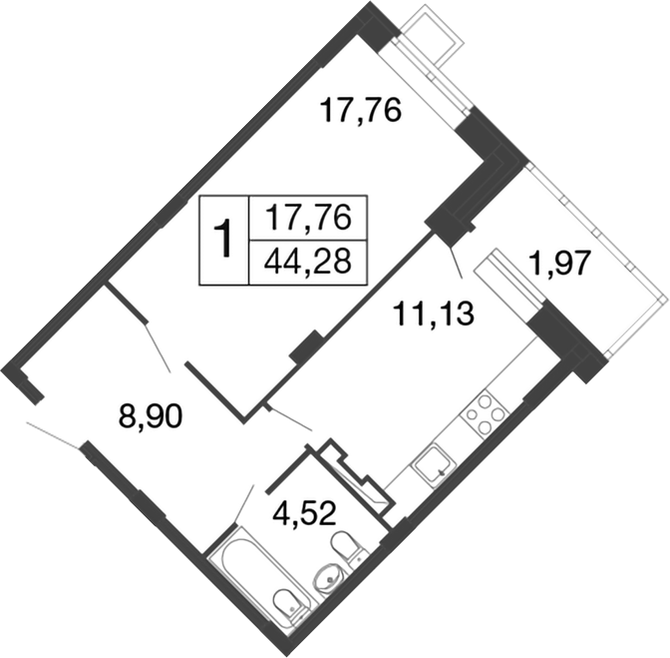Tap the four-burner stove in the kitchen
coord(483,412)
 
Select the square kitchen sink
coord(434,465)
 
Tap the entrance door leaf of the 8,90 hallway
coord(55,435)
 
